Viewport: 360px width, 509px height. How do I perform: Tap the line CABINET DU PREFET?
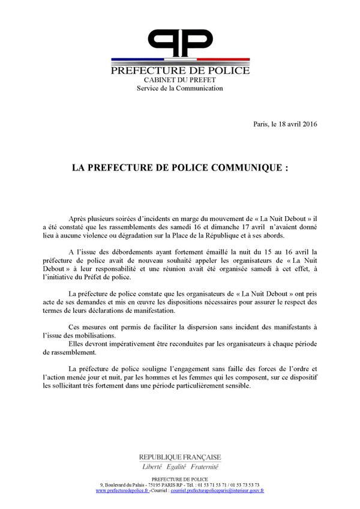coord(179,80)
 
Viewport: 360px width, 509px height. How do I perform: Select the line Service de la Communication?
coord(179,88)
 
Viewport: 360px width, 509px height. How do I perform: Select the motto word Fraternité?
coord(203,466)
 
